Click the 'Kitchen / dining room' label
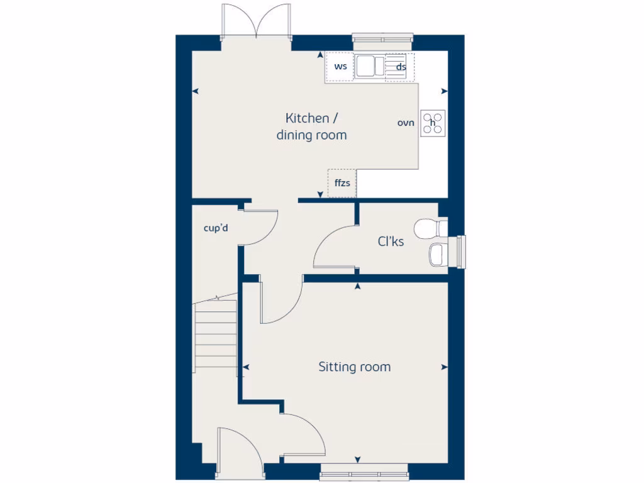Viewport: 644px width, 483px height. (312, 126)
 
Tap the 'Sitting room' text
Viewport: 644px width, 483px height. (354, 367)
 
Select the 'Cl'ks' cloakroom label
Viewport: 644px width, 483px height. (391, 241)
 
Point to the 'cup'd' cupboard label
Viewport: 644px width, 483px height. (216, 228)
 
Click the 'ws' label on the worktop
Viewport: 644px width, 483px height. (340, 66)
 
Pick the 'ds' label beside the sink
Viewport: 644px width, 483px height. (401, 67)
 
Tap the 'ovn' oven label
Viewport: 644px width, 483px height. (406, 123)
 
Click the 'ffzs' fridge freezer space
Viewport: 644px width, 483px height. (342, 183)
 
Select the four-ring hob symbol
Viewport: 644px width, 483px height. (433, 123)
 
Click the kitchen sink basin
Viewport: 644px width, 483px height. (366, 66)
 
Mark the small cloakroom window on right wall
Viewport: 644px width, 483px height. (462, 252)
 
